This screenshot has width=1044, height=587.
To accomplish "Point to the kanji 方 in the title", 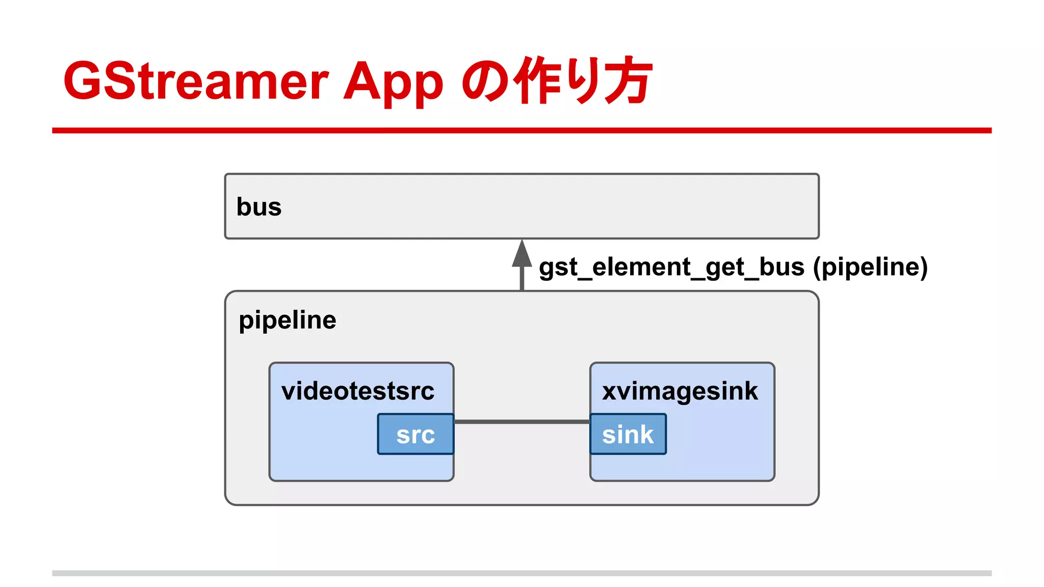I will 627,81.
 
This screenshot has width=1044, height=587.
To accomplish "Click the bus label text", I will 259,207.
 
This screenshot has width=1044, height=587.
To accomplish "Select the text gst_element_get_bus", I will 671,267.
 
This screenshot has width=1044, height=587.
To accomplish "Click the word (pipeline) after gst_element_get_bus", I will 870,267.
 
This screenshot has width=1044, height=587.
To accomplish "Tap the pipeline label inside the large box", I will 288,321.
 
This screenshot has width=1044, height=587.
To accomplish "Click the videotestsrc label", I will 358,391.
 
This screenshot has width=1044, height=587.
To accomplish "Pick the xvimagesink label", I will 680,391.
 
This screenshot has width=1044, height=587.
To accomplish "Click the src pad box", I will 415,434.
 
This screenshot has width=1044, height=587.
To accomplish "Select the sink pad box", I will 628,434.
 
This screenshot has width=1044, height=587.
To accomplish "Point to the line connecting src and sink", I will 521,422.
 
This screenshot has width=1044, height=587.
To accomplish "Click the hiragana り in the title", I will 581,81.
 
